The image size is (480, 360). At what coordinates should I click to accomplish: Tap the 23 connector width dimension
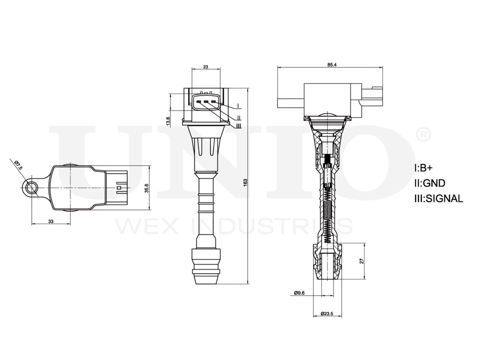(205, 68)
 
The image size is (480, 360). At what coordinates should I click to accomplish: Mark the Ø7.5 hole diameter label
(18, 165)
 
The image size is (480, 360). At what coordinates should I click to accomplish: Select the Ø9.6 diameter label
(299, 292)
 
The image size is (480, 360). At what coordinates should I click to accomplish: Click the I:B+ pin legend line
(423, 168)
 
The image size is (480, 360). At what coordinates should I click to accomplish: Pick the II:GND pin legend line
(429, 183)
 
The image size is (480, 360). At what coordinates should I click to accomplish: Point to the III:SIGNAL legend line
(438, 198)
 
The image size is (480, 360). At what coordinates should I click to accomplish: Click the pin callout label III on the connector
(239, 126)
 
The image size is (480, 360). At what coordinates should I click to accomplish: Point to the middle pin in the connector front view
(205, 101)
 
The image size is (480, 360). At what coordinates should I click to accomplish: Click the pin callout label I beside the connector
(239, 105)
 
